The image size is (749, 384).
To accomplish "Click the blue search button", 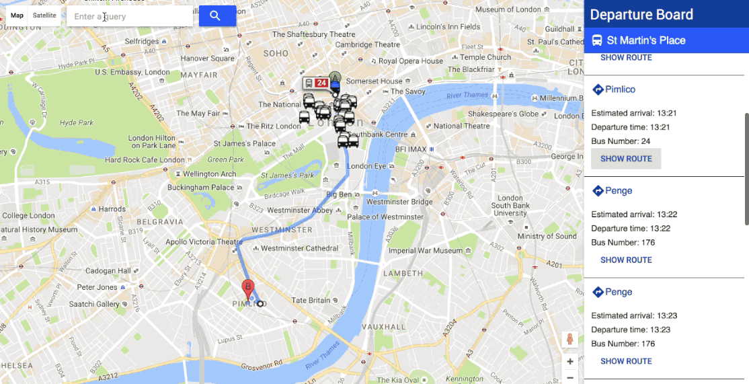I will tap(216, 16).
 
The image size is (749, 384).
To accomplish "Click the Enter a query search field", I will tap(129, 16).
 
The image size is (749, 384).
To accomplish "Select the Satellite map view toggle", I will tap(45, 15).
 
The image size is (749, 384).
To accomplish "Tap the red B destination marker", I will tap(248, 289).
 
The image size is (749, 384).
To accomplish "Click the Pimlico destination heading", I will tap(620, 89).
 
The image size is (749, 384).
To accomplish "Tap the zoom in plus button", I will tap(570, 362).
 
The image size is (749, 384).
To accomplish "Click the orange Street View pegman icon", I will tap(570, 339).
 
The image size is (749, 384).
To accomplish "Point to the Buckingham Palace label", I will tap(200, 188).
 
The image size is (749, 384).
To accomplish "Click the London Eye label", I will tap(367, 166).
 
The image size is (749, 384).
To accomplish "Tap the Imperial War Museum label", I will tap(426, 251).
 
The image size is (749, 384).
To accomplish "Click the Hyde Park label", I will tap(77, 123).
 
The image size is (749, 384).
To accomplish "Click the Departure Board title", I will tap(641, 15).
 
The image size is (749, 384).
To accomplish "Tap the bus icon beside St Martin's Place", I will tap(597, 40).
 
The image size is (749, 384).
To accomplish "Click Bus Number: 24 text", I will tap(621, 141).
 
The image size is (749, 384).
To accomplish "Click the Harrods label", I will tap(112, 209).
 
